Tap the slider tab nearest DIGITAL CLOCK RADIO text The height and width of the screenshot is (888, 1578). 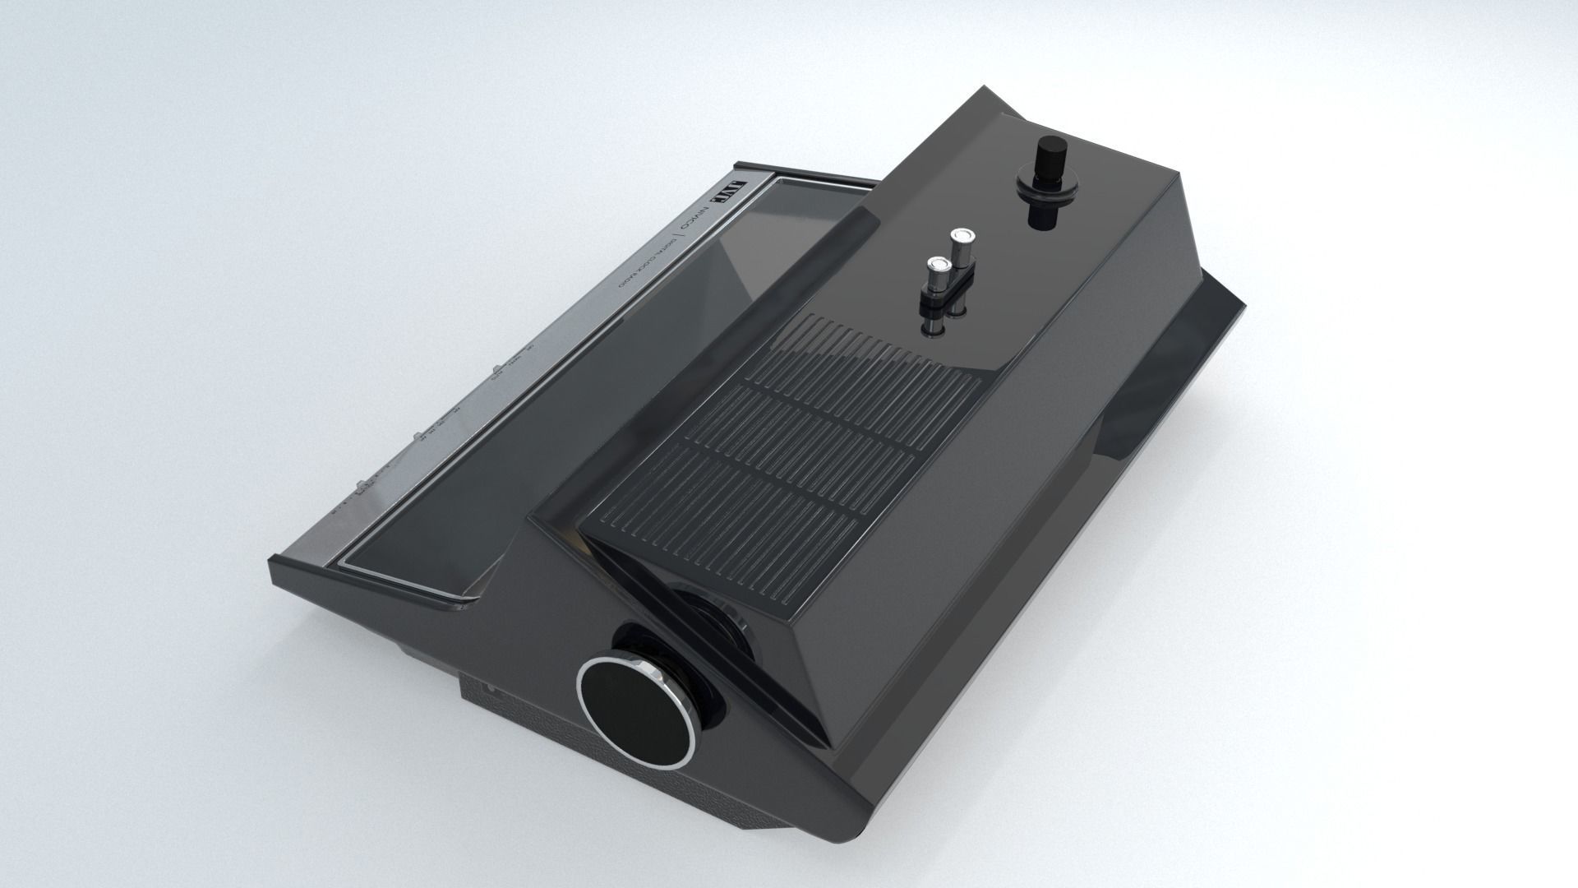(496, 373)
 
